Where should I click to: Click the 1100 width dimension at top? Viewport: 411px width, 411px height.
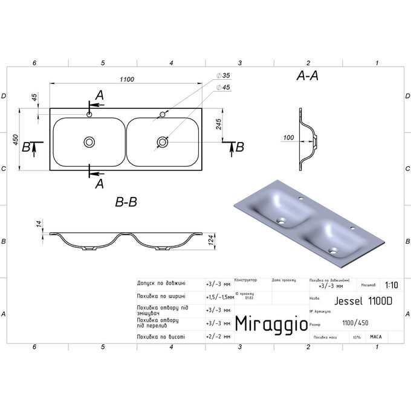tap(126, 79)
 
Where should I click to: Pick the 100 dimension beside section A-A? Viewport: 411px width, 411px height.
tap(288, 138)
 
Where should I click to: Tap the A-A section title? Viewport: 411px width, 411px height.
tap(308, 76)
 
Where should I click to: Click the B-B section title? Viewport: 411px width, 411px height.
tap(126, 203)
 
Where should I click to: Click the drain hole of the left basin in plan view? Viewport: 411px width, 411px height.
tap(89, 142)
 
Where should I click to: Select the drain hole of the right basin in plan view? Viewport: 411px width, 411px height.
tap(163, 142)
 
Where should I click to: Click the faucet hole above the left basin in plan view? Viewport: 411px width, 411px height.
tap(89, 114)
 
